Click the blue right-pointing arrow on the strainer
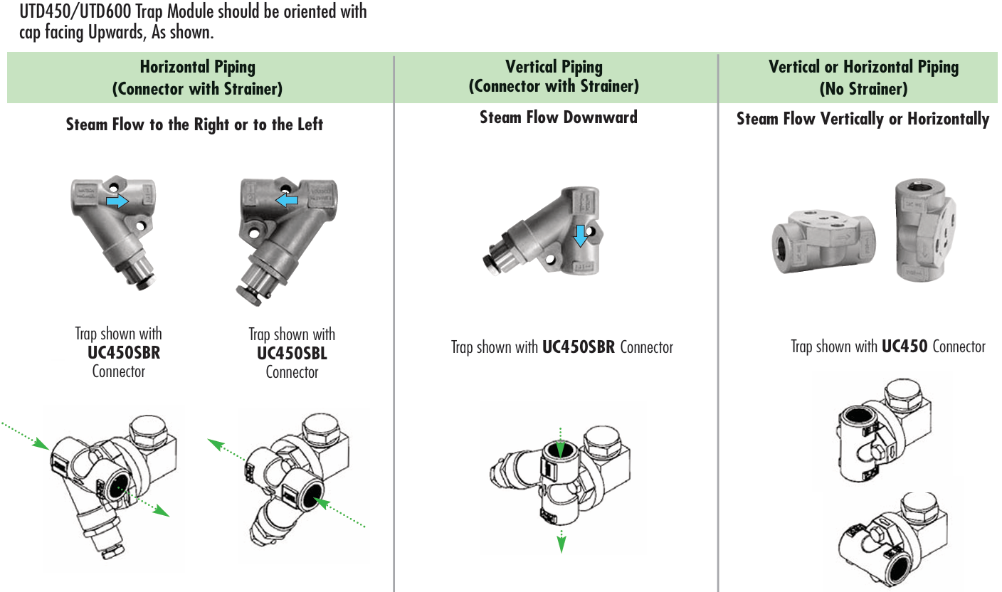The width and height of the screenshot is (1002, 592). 117,202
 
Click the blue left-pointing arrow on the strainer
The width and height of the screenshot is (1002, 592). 287,201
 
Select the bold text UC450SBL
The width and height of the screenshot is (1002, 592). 292,353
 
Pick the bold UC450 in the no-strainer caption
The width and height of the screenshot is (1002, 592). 904,347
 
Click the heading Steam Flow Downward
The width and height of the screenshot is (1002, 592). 558,117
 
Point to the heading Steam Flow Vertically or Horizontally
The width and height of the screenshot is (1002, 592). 863,119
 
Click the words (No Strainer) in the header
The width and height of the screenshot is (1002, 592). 863,89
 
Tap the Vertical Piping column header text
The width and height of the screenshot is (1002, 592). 554,67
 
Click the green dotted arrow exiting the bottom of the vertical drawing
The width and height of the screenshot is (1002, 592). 561,541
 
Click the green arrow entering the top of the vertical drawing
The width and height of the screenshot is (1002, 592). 561,441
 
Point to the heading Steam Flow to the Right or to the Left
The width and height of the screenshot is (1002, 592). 194,125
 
